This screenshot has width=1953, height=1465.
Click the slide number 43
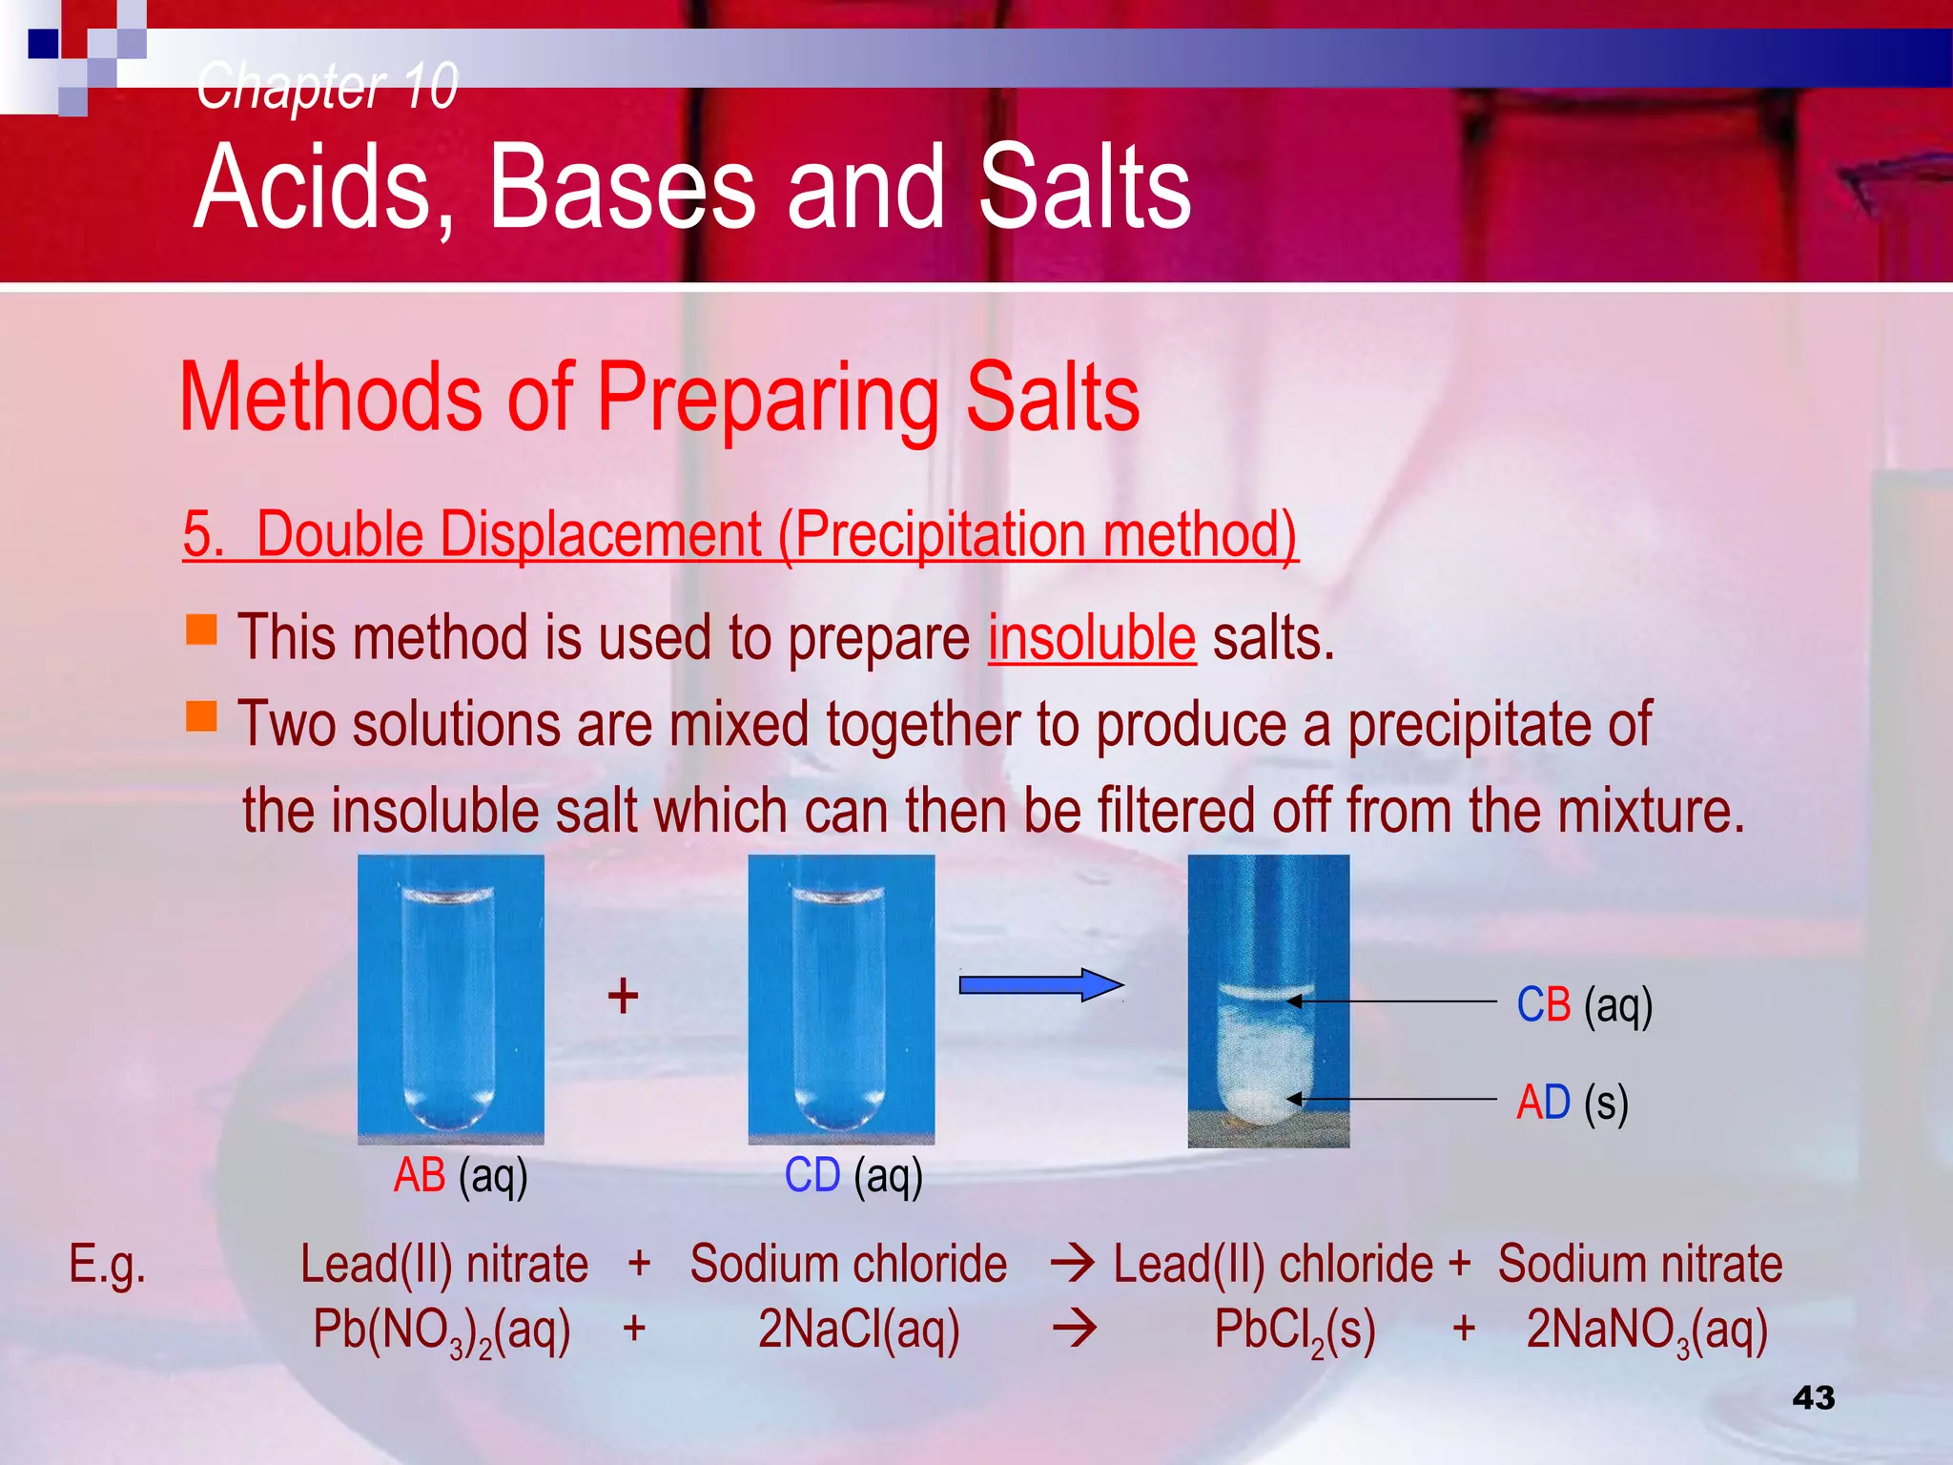(x=1813, y=1397)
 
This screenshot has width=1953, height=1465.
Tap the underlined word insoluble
(x=1091, y=638)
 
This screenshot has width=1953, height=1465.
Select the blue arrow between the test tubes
(x=1039, y=984)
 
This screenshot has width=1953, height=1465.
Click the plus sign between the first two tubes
(x=623, y=996)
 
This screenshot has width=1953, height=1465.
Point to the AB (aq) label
(x=461, y=1175)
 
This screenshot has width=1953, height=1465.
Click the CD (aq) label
(x=853, y=1175)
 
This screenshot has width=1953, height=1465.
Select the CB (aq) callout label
(x=1584, y=1005)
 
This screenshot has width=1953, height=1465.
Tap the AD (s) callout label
(x=1572, y=1103)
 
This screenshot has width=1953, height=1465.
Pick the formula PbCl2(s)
(x=1294, y=1330)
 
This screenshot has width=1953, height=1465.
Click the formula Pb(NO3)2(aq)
(x=442, y=1330)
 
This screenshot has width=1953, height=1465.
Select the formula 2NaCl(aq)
(x=858, y=1330)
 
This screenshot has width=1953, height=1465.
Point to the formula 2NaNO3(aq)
(x=1647, y=1330)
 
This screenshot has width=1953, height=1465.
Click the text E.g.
(x=107, y=1265)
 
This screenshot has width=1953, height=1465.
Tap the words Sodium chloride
(x=848, y=1265)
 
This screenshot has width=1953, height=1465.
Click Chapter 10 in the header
(x=327, y=86)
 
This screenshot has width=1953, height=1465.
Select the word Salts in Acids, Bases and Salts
(x=1084, y=187)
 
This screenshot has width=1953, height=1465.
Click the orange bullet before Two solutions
(x=201, y=715)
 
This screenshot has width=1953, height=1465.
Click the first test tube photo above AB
(x=450, y=998)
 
